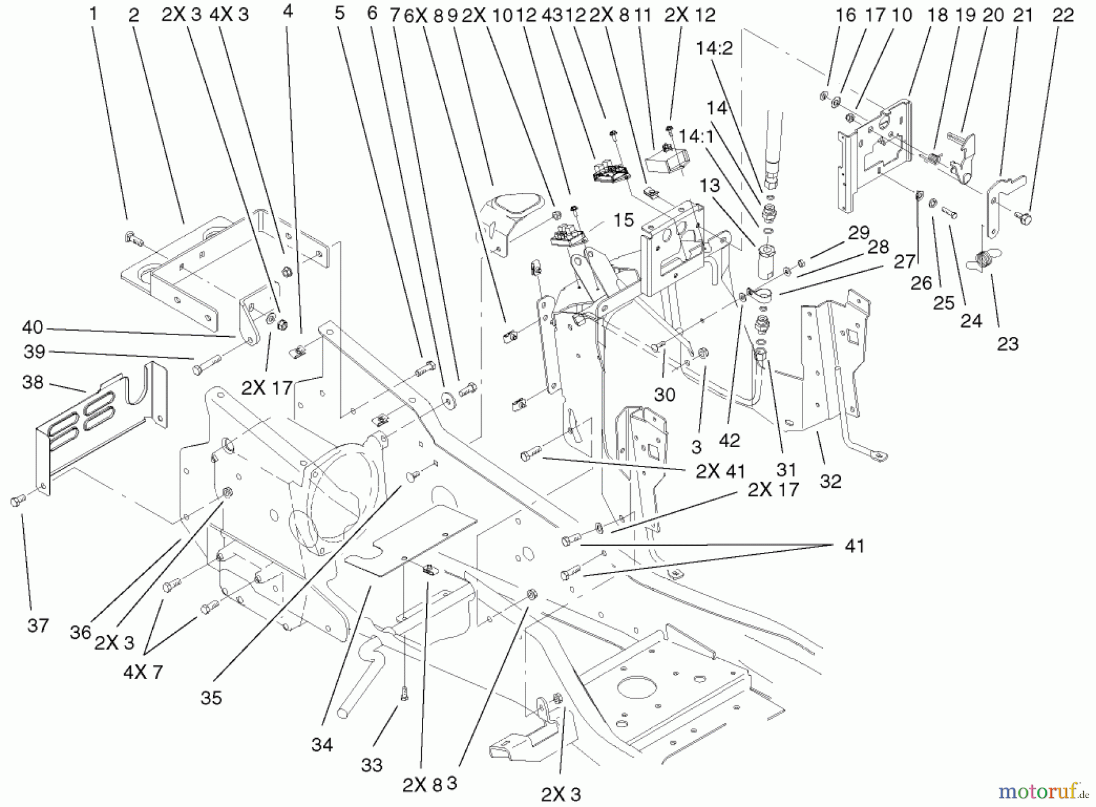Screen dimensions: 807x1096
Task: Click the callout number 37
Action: tap(38, 625)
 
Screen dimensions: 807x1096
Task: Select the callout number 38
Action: tap(33, 382)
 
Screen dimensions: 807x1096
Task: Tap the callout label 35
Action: tap(211, 697)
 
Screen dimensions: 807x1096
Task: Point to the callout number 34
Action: tap(321, 744)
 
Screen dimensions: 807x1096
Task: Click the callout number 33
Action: tap(371, 765)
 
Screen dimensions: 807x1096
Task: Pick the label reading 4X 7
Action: tap(142, 672)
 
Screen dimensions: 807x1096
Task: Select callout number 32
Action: tap(830, 481)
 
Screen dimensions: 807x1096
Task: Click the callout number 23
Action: tap(1008, 344)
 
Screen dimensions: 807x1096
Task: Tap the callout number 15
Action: tap(624, 220)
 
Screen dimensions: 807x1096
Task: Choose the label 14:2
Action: tap(715, 48)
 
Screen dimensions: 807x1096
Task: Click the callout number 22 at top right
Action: tap(1063, 15)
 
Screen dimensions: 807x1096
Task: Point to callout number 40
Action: tap(33, 328)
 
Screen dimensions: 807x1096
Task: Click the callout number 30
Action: tap(664, 394)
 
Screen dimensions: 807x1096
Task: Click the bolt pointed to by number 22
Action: tap(1023, 217)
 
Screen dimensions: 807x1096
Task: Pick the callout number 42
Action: tap(729, 440)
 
